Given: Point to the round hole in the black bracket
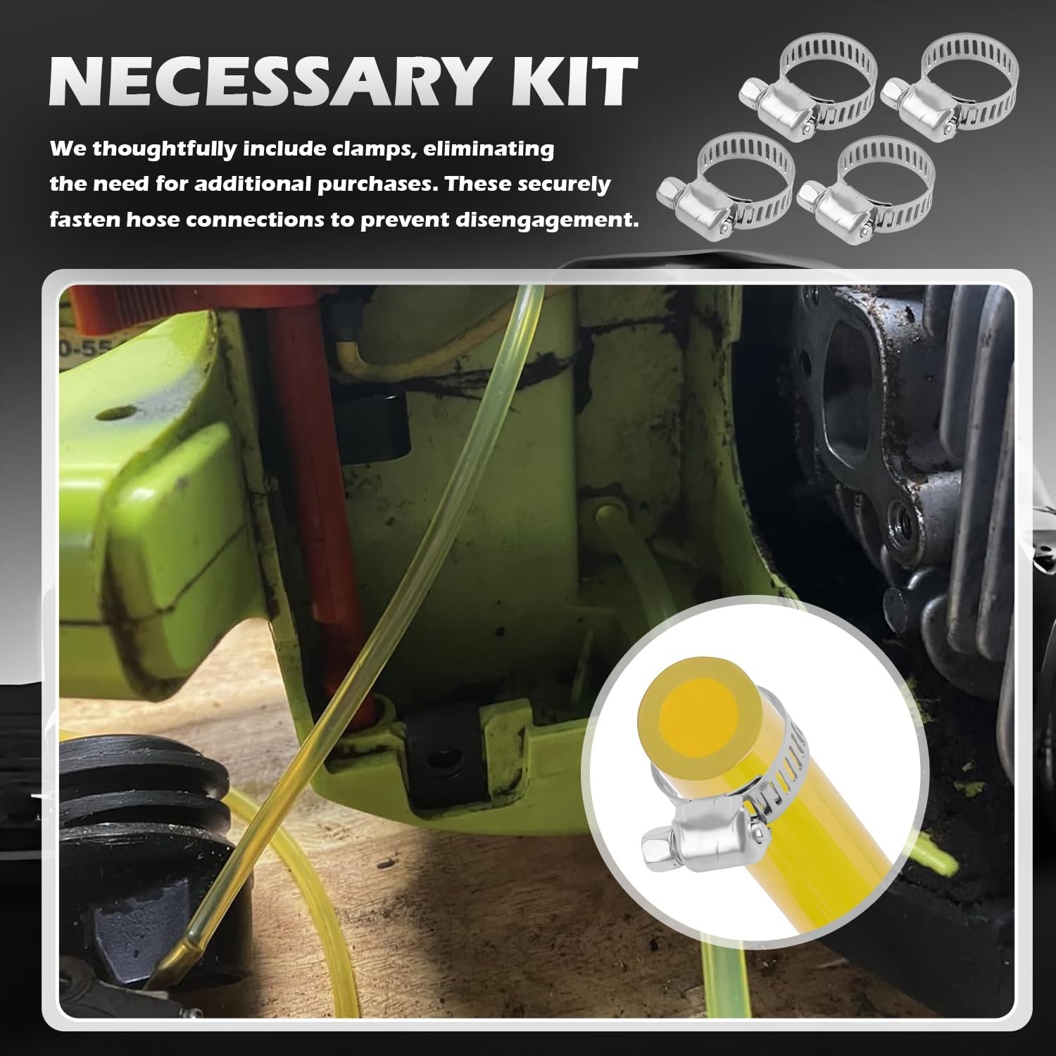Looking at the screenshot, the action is click(441, 761).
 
